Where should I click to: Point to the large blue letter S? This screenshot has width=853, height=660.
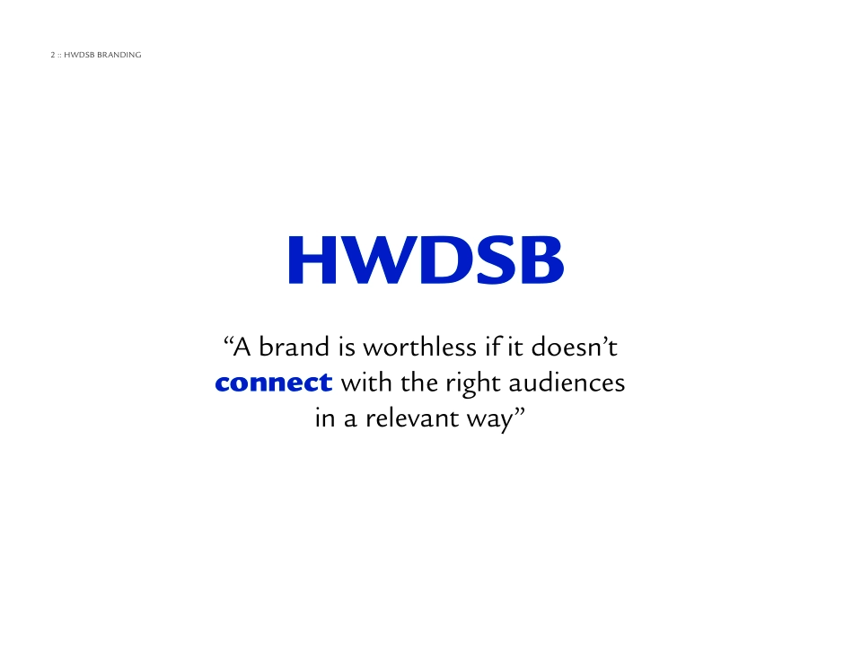tap(491, 260)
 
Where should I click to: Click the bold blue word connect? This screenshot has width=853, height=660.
tap(274, 383)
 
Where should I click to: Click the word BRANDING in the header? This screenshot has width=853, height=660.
tap(119, 56)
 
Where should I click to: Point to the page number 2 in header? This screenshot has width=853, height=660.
tap(53, 56)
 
